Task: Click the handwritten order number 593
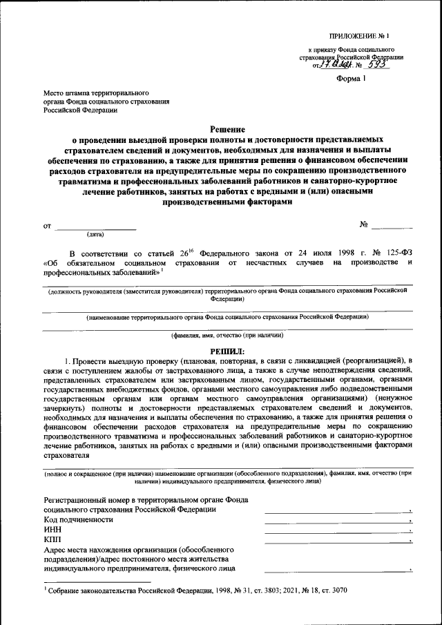[x=376, y=66]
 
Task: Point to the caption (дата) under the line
[x=95, y=234]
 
